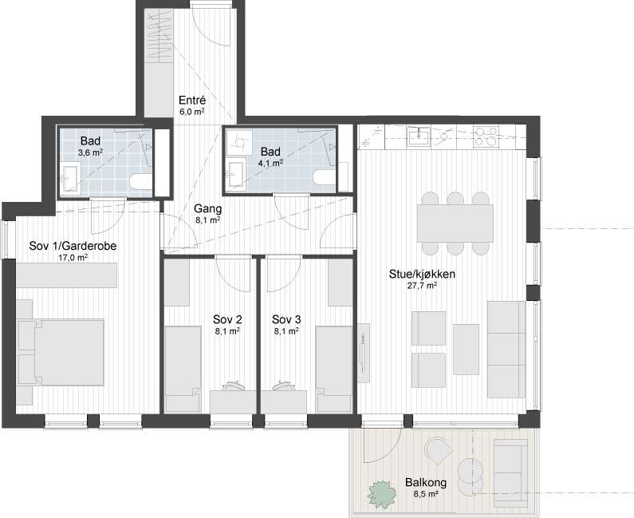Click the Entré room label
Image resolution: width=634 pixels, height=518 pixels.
[x=192, y=100]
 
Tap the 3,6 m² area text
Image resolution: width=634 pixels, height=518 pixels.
[x=91, y=152]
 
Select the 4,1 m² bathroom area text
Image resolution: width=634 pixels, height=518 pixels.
[x=270, y=163]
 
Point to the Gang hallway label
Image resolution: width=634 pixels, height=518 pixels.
[x=208, y=209]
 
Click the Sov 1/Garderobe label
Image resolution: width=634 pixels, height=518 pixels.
[x=73, y=246]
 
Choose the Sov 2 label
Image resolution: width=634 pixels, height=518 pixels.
[x=227, y=320]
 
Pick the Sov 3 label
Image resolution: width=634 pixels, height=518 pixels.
[x=286, y=320]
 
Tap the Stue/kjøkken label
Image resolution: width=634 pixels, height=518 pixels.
[x=422, y=275]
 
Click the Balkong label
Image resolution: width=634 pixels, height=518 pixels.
[x=426, y=482]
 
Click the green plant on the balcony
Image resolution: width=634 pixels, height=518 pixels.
[x=381, y=494]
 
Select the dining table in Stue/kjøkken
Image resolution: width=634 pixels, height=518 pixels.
[x=455, y=223]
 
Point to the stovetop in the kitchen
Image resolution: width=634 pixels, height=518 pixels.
[x=485, y=136]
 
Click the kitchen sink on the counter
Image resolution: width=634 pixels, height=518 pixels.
[x=419, y=136]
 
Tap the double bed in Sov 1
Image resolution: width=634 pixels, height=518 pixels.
[x=61, y=352]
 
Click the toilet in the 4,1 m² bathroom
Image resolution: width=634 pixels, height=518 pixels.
[x=325, y=179]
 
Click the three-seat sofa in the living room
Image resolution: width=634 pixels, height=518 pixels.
[x=506, y=350]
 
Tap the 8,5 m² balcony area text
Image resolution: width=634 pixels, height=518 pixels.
[x=426, y=494]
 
